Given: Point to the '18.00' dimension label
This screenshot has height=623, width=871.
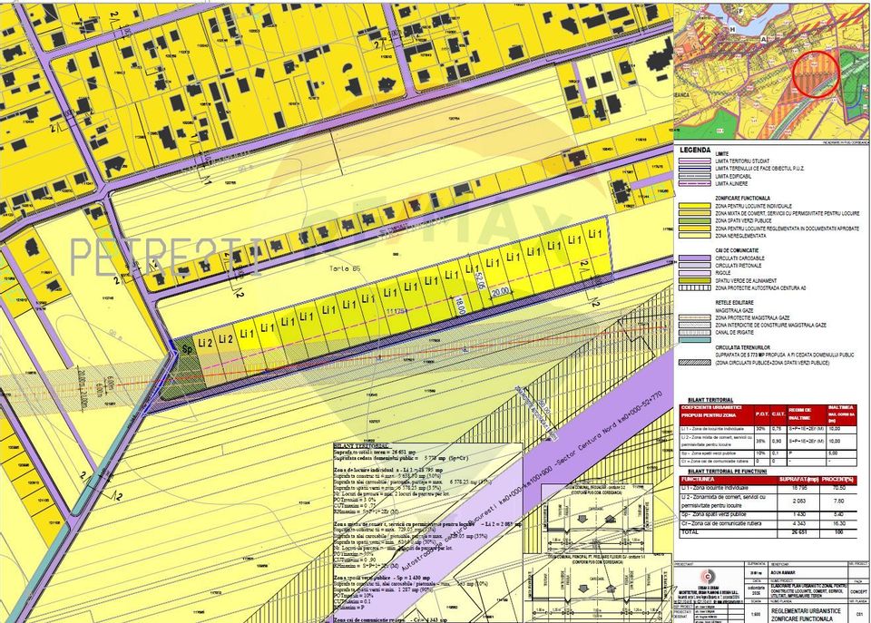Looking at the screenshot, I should coord(460,304).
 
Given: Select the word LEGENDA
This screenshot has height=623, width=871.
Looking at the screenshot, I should coord(696,150).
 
